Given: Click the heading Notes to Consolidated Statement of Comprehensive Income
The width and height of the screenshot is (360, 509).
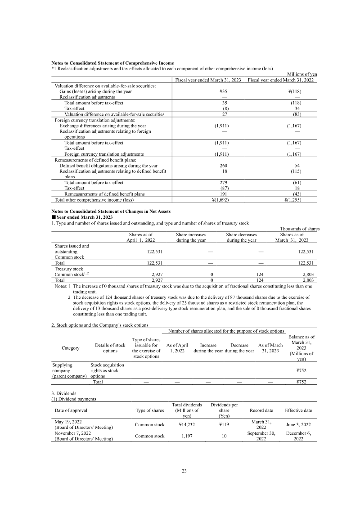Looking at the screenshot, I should point(113,63).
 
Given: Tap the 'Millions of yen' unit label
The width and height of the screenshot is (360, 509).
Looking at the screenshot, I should point(302,74).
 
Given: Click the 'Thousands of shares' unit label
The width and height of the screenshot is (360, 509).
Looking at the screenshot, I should point(300,229).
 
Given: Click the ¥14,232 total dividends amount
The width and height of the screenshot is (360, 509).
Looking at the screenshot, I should point(187,424).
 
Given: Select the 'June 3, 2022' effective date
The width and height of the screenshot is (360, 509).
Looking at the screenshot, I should point(298,424).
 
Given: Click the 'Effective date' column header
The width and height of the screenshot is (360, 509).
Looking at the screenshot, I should point(298,410).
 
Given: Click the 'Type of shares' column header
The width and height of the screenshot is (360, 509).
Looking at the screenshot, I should point(149,410).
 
